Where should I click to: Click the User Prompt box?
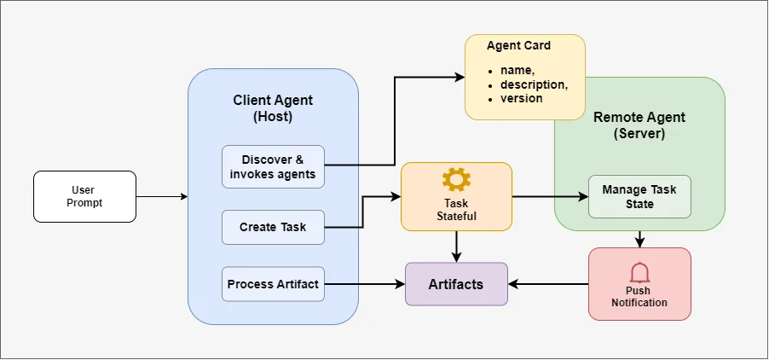pos(84,196)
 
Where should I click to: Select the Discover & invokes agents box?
pos(273,166)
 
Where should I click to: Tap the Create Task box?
pos(273,227)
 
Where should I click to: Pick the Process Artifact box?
pos(273,284)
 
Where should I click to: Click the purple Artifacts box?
pos(456,284)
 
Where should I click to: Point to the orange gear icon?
pos(456,179)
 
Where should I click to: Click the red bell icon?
pos(639,272)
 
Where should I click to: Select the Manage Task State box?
pos(639,196)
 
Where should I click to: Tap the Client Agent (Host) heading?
pos(273,108)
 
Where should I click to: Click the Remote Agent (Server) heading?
pos(639,125)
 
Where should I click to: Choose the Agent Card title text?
pos(518,45)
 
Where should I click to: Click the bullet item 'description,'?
pos(534,85)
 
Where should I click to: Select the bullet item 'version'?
pos(521,98)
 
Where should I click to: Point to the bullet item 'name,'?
pos(516,73)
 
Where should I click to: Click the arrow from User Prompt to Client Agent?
pos(162,197)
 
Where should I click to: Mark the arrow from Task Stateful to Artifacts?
pos(457,247)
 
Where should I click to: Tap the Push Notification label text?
pos(639,297)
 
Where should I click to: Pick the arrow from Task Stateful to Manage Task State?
pos(550,197)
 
